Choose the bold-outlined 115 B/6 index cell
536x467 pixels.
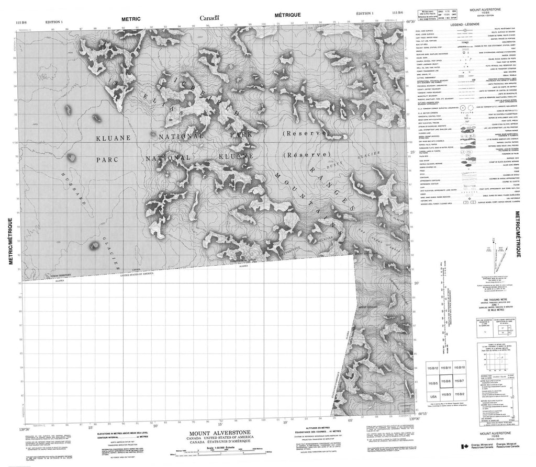[446, 382]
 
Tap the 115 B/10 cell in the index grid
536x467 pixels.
[460, 367]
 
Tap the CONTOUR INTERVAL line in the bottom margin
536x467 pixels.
[123, 438]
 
